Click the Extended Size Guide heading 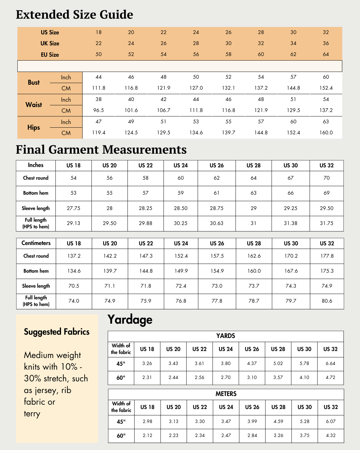[x=74, y=15]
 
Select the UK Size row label [x=50, y=43]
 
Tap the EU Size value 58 [x=228, y=54]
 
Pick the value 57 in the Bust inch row [x=293, y=77]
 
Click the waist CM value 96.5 [x=99, y=110]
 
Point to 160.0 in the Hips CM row [x=326, y=133]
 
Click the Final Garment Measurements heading [x=101, y=150]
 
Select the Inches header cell [x=36, y=165]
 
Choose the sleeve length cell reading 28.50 [x=181, y=208]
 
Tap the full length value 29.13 [x=73, y=223]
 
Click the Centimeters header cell [x=36, y=243]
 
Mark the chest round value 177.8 [x=327, y=256]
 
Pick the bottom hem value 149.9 [x=181, y=271]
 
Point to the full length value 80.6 [x=327, y=301]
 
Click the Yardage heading [x=130, y=320]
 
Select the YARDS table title [x=226, y=336]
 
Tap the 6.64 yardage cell [x=331, y=364]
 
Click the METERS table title [x=226, y=394]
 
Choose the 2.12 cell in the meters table [x=148, y=436]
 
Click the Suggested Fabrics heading [x=57, y=332]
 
